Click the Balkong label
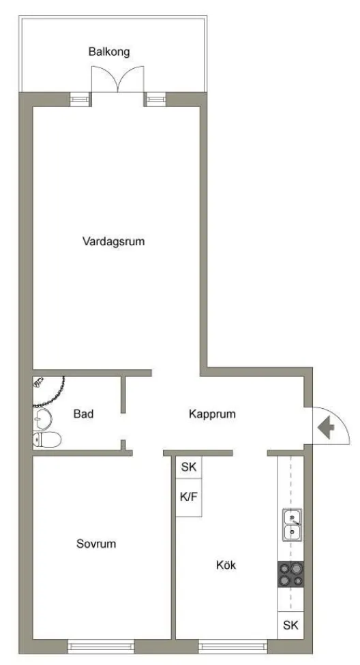pyautogui.click(x=109, y=51)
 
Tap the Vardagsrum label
pyautogui.click(x=114, y=241)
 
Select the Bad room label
pyautogui.click(x=83, y=414)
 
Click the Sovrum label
pyautogui.click(x=96, y=544)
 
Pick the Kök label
pyautogui.click(x=226, y=565)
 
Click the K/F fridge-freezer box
pyautogui.click(x=188, y=497)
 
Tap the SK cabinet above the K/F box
pyautogui.click(x=188, y=467)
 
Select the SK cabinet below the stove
pyautogui.click(x=290, y=625)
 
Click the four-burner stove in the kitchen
pyautogui.click(x=290, y=575)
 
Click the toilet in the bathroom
pyautogui.click(x=46, y=439)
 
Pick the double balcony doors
pyautogui.click(x=119, y=80)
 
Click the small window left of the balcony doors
pyautogui.click(x=80, y=99)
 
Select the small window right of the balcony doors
pyautogui.click(x=155, y=99)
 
